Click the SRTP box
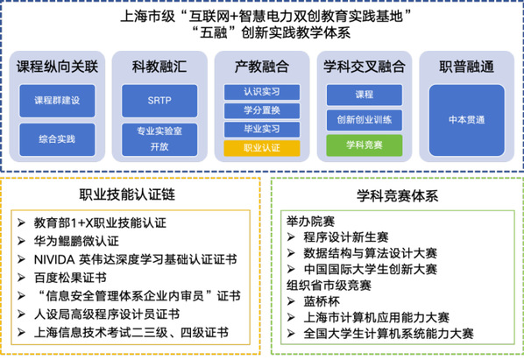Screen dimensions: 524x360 pos(159,101)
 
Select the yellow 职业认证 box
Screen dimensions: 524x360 pos(262,148)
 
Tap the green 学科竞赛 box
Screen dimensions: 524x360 pos(365,145)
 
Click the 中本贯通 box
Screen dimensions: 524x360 pos(467,120)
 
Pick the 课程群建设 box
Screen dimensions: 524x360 pos(57,101)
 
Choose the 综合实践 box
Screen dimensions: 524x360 pos(57,139)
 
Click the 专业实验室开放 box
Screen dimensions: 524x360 pos(159,139)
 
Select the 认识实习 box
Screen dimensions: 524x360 pos(262,92)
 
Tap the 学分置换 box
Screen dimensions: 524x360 pos(262,110)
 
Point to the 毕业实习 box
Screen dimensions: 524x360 pos(262,130)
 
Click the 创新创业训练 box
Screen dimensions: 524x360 pos(365,120)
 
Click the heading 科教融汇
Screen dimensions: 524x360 pos(159,67)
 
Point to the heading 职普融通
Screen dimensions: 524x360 pos(467,67)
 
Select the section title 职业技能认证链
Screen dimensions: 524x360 pos(127,194)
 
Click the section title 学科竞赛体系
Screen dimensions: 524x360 pos(397,195)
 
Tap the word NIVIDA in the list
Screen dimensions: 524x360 pos(54,260)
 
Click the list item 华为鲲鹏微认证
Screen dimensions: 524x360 pos(76,241)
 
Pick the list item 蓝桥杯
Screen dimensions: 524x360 pos(322,301)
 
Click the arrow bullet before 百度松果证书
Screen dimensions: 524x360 pos(21,278)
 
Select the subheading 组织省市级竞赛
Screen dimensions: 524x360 pos(329,286)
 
